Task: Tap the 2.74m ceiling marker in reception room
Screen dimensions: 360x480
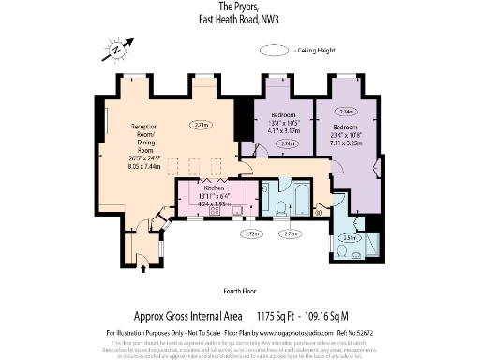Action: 199,124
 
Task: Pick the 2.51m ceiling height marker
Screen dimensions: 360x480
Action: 348,238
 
